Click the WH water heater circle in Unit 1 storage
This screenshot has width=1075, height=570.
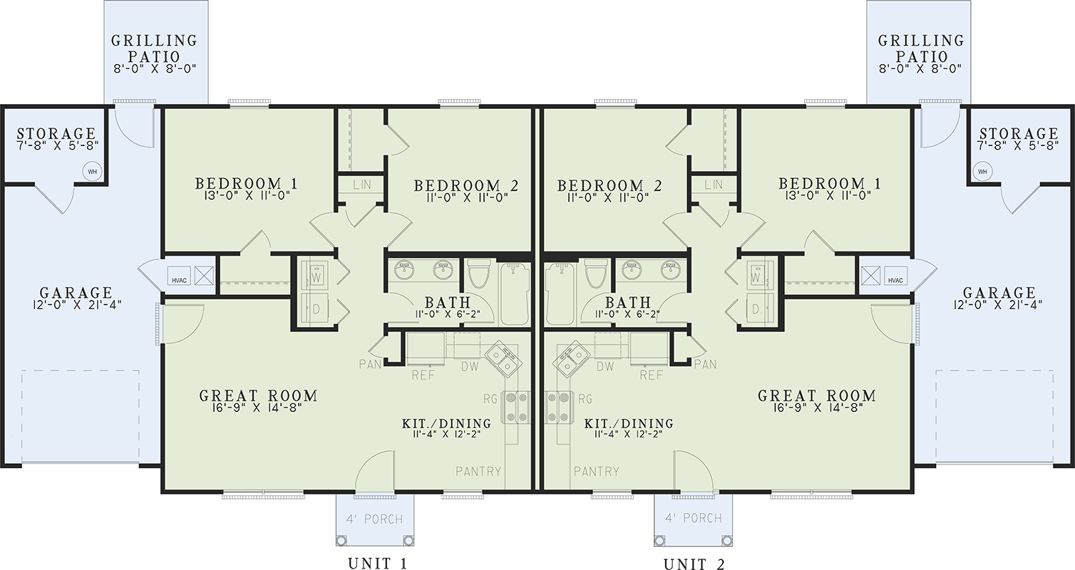[92, 171]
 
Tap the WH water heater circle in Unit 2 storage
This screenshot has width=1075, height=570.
[982, 171]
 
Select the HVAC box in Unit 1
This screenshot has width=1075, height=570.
[179, 276]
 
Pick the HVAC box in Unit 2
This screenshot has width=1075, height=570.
[895, 276]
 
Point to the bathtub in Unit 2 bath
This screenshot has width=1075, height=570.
[560, 293]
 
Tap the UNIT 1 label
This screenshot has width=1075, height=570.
[377, 564]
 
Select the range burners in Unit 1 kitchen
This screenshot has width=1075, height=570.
[515, 407]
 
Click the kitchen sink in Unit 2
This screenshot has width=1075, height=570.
[571, 360]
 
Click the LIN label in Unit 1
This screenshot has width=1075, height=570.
[362, 185]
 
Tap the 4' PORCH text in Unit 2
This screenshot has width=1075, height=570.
[694, 518]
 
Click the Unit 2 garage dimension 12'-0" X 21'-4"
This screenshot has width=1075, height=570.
[998, 304]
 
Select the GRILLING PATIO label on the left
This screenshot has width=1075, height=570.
[154, 48]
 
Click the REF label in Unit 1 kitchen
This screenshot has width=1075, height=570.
[423, 375]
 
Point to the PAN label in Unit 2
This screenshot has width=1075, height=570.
[706, 364]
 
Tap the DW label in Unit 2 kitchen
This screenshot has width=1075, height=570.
[606, 366]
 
